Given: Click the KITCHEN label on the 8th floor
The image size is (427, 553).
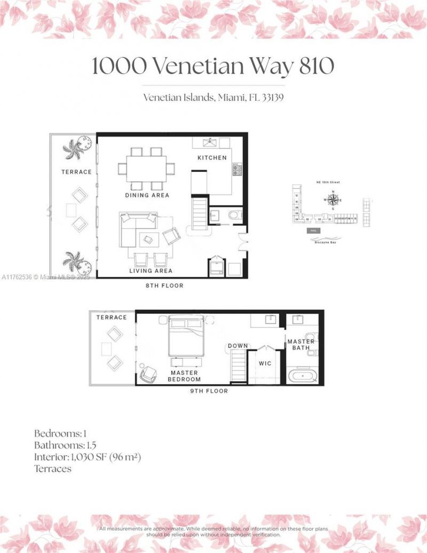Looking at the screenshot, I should click(x=212, y=158).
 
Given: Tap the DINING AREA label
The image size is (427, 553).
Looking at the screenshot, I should click(x=147, y=195).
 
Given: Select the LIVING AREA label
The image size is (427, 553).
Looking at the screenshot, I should click(x=150, y=271).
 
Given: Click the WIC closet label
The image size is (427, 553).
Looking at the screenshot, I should click(x=265, y=364).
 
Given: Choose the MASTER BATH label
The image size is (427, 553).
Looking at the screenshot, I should click(x=301, y=345).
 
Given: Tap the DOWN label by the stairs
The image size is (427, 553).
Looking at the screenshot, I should click(x=238, y=346).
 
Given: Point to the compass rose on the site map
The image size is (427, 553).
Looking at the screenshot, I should click(x=333, y=201).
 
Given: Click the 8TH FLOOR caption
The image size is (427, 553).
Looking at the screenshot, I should click(x=165, y=286).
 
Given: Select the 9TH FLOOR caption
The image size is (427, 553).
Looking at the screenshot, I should click(x=209, y=391).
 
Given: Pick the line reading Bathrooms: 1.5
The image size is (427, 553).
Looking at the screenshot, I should click(x=65, y=445).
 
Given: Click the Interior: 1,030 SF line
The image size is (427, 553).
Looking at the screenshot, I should click(x=86, y=457).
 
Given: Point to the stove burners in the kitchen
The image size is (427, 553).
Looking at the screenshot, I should click(x=236, y=170).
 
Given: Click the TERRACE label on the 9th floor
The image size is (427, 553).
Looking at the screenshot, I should click(x=112, y=318).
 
